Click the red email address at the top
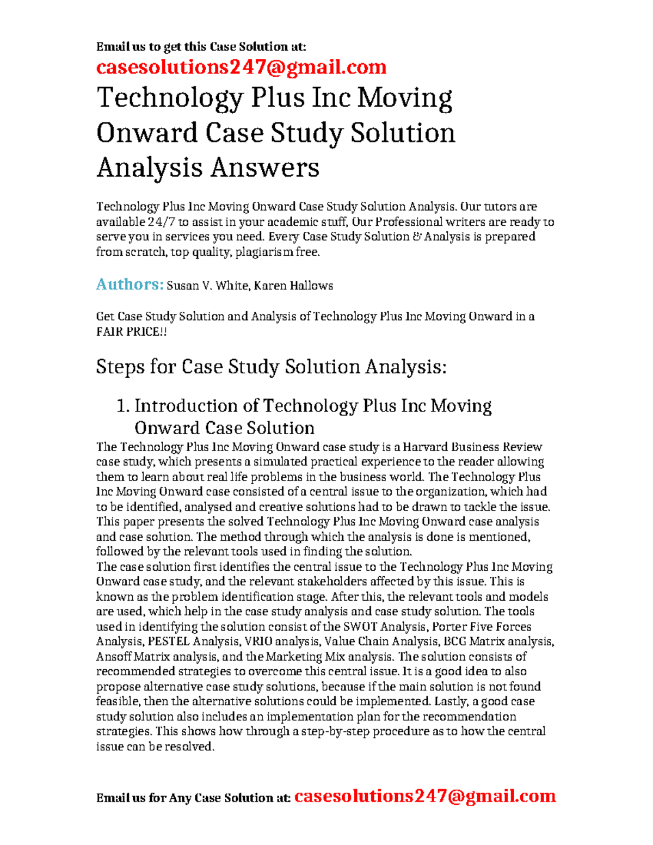tap(241, 67)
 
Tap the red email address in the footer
tap(424, 796)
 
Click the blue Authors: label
tap(130, 285)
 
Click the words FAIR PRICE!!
tap(131, 331)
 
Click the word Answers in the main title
tap(264, 167)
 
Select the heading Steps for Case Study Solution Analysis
tap(271, 367)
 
